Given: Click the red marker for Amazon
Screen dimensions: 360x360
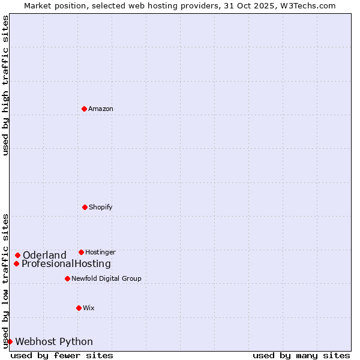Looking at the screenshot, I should pos(84,109).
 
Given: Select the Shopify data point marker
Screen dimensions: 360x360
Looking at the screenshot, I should pos(85,207).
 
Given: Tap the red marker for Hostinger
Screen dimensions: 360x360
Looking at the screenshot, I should pos(81,252).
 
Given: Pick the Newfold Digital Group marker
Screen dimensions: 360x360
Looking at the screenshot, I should pos(67,278).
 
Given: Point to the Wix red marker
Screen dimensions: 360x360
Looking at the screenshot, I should pos(79,308).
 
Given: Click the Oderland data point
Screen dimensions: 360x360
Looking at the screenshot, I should pos(18,255).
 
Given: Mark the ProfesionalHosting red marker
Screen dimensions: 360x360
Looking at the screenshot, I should pos(17,263).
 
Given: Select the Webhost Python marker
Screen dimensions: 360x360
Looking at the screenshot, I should pos(10,341).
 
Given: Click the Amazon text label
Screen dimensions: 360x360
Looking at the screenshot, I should pos(101,109).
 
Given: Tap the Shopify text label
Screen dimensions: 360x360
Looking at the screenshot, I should pos(101,207).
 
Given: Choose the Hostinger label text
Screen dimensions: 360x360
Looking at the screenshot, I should pos(100,252).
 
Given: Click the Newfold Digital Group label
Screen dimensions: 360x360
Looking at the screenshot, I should pos(107,278).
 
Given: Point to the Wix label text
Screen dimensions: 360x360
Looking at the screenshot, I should pos(89,308).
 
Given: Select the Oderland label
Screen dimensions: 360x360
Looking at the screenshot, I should pos(44,255).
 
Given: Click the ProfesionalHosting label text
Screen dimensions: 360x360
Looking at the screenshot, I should pos(66,263).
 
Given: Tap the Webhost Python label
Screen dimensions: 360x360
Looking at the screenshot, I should pos(54,341).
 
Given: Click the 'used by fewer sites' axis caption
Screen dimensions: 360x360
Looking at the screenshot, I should pos(62,355).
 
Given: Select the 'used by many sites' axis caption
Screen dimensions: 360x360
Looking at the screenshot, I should pos(301,355).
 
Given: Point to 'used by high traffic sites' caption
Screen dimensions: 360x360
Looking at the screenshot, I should pos(5,85).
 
